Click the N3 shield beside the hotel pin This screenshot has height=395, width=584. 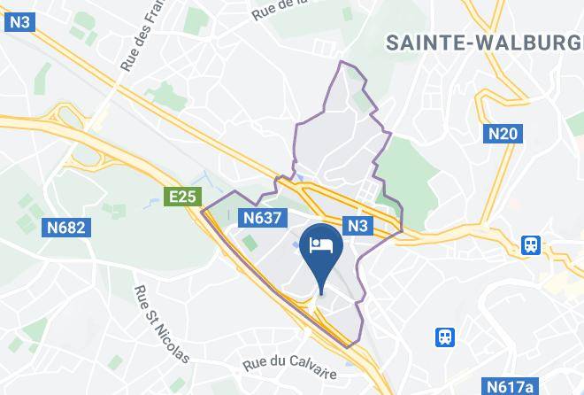click(x=357, y=226)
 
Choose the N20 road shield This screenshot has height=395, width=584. click(x=504, y=134)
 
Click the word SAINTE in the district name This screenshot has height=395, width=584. click(x=431, y=41)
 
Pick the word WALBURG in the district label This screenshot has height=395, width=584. click(x=541, y=41)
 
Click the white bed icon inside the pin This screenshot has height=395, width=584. click(x=319, y=244)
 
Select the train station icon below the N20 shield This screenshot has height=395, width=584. click(x=531, y=244)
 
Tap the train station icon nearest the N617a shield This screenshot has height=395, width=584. click(x=446, y=337)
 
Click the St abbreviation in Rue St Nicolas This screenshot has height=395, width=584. click(x=151, y=311)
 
